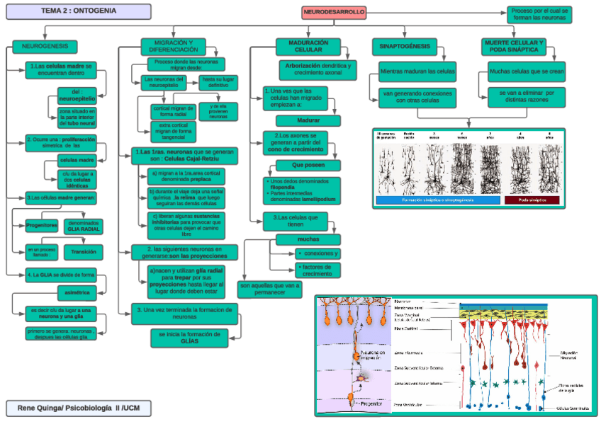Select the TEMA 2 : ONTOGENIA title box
pyautogui.click(x=76, y=11)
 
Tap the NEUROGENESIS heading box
pyautogui.click(x=45, y=47)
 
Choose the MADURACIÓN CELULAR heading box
pyautogui.click(x=308, y=47)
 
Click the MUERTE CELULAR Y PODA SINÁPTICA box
pyautogui.click(x=515, y=47)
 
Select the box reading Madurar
pyautogui.click(x=308, y=120)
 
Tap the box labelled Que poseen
pyautogui.click(x=308, y=165)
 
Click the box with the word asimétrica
pyautogui.click(x=77, y=292)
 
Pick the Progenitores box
pyautogui.click(x=41, y=226)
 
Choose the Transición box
pyautogui.click(x=84, y=251)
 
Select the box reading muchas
pyautogui.click(x=308, y=239)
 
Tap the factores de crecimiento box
pyautogui.click(x=317, y=269)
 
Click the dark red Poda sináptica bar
pyautogui.click(x=532, y=200)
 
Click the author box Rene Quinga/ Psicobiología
pyautogui.click(x=79, y=408)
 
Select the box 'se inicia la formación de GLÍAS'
pyautogui.click(x=191, y=338)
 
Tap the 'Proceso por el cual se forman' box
pyautogui.click(x=539, y=13)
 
